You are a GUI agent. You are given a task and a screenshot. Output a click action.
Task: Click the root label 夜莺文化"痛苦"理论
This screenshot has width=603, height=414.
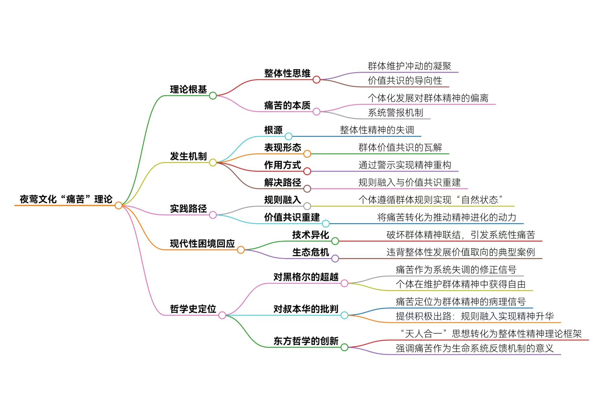pos(66,199)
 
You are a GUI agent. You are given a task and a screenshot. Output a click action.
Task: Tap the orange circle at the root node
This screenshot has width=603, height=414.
pos(119,205)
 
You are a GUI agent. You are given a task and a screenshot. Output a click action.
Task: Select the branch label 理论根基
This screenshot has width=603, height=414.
pos(188,89)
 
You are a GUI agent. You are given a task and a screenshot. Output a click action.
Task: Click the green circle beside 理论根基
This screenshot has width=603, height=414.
pos(213,96)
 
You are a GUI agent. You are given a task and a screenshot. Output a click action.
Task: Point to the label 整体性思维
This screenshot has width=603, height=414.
pos(287,73)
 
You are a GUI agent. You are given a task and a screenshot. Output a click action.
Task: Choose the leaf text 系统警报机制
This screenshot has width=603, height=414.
pos(395,113)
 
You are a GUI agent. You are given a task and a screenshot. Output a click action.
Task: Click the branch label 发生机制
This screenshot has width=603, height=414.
pos(188,156)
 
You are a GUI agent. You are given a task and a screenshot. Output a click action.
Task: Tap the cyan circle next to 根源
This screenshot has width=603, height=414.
pos(288,136)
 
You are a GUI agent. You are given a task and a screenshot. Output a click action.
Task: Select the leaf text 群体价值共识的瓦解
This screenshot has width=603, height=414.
pos(400,147)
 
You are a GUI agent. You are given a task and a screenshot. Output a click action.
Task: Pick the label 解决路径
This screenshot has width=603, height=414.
pos(282,182)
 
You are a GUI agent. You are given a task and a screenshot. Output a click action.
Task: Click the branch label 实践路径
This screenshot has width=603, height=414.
pos(188,209)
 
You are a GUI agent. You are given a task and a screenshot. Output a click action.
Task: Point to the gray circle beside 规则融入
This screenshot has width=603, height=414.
pos(307,206)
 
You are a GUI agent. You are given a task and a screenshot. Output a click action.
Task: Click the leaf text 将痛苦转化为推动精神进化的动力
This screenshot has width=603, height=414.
pos(447,217)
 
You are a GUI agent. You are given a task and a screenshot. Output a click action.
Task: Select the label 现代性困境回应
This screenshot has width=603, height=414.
pos(202,244)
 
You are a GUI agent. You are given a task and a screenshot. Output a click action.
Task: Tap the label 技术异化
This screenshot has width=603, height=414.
pos(310,235)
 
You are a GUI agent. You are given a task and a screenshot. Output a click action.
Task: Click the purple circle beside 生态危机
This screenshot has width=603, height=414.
pos(335,258)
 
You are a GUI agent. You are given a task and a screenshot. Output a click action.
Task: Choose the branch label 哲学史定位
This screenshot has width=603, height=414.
pos(193,309)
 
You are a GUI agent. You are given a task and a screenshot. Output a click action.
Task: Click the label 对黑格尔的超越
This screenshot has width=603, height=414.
pos(306,277)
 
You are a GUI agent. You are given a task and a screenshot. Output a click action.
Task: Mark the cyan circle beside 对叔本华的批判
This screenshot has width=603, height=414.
pos(344,315)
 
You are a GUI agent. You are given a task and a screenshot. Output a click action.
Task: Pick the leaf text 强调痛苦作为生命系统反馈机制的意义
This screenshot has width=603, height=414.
pos(474,348)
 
